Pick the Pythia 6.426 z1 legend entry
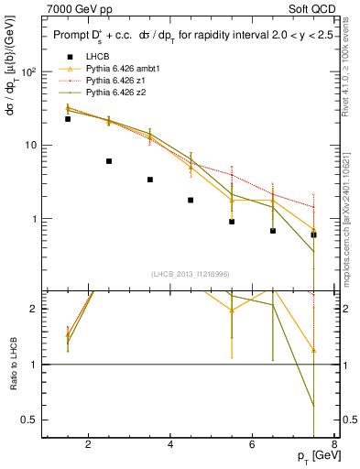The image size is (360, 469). point(115,81)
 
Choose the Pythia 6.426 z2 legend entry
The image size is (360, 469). point(115,93)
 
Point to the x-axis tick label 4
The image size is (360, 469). point(171,446)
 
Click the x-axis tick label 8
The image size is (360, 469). point(337,446)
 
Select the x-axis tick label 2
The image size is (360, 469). point(88,446)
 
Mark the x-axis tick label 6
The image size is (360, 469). point(254,446)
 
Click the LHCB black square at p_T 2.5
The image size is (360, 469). point(109,161)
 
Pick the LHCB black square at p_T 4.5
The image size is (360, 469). point(191,200)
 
